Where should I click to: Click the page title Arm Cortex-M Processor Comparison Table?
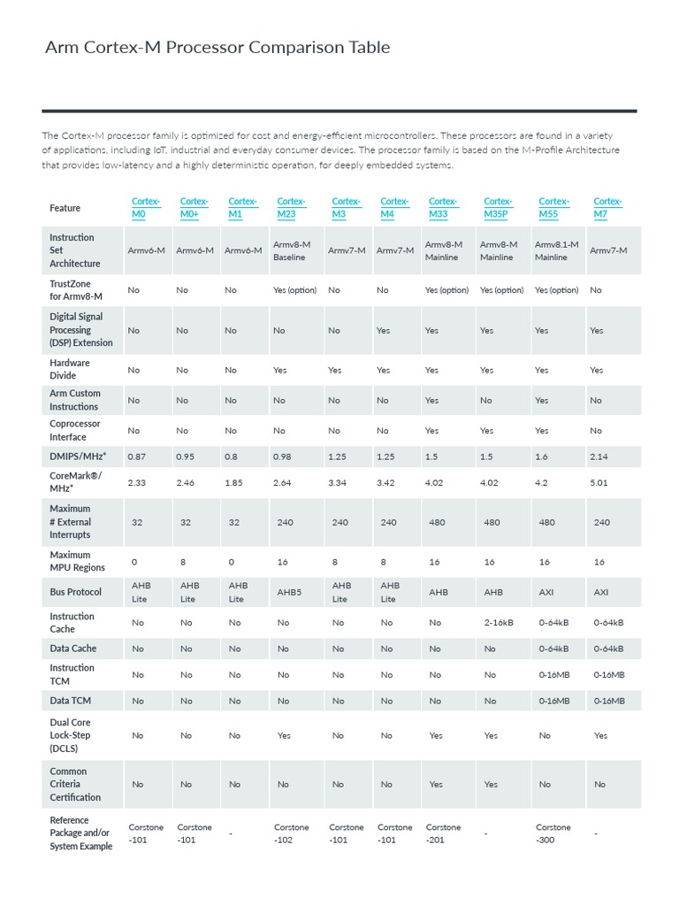[x=217, y=48]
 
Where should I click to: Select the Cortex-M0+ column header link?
[x=194, y=208]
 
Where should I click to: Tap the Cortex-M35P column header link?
[x=499, y=208]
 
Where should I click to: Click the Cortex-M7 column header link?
[x=607, y=208]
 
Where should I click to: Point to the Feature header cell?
[x=65, y=208]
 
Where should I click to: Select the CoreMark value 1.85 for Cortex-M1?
[x=234, y=482]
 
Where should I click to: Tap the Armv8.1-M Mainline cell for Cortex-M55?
[x=556, y=250]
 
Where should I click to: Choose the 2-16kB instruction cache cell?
[x=500, y=622]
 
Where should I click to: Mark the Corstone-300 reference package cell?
[x=553, y=833]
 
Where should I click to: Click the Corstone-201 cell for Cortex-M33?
[x=443, y=833]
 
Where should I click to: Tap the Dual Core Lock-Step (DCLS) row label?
[x=71, y=735]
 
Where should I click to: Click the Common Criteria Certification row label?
[x=75, y=784]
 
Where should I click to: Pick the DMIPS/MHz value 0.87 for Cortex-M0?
[x=137, y=457]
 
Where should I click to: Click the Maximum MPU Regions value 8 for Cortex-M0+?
[x=185, y=561]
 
